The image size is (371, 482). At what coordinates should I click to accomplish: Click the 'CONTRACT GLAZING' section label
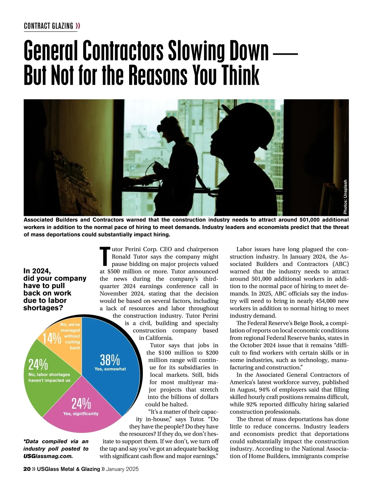click(x=49, y=26)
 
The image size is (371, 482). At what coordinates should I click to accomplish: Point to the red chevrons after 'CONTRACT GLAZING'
click(x=78, y=26)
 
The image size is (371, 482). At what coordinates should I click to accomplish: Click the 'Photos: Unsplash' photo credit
click(x=345, y=197)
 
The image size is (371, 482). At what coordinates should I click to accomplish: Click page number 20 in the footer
click(x=27, y=469)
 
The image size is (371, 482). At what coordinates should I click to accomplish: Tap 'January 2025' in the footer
click(x=122, y=469)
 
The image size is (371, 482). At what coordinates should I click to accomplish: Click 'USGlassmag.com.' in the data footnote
click(x=48, y=456)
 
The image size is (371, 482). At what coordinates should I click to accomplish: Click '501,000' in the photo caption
click(x=310, y=220)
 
